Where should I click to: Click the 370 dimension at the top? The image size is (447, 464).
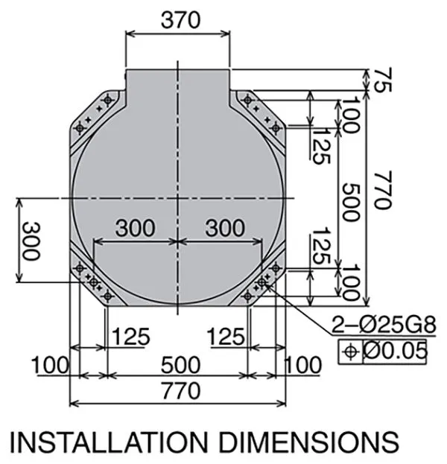coord(180,20)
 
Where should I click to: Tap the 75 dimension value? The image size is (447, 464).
coord(383,80)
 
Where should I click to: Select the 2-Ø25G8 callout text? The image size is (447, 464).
coord(384,325)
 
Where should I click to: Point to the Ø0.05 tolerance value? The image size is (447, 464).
coord(395,352)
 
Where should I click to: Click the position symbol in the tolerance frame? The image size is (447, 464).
coord(350,352)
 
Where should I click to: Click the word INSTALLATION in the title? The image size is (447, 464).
coord(109,442)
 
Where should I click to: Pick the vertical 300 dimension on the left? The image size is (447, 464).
coord(31,241)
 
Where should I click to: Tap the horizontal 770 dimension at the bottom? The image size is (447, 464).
coord(181,390)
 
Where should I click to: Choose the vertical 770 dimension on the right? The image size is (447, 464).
coord(383,190)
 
